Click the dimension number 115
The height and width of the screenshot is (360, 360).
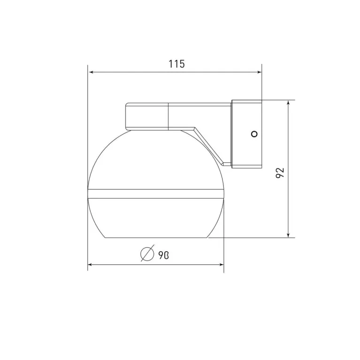pyautogui.click(x=176, y=64)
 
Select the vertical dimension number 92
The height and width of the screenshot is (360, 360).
pyautogui.click(x=280, y=173)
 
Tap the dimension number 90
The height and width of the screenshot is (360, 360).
pyautogui.click(x=163, y=255)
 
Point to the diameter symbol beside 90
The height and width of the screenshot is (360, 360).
pyautogui.click(x=147, y=253)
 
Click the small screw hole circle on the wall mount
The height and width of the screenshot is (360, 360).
pyautogui.click(x=254, y=134)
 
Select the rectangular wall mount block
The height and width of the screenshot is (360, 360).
pyautogui.click(x=246, y=134)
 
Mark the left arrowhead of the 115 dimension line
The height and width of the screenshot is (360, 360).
pyautogui.click(x=91, y=72)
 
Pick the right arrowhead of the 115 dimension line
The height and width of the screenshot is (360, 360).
pyautogui.click(x=259, y=72)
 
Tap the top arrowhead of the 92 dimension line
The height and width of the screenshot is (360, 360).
pyautogui.click(x=288, y=102)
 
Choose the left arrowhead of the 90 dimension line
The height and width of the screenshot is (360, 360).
pyautogui.click(x=91, y=265)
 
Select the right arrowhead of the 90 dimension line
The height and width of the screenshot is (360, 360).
pyautogui.click(x=221, y=265)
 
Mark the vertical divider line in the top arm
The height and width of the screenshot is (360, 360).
pyautogui.click(x=169, y=116)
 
